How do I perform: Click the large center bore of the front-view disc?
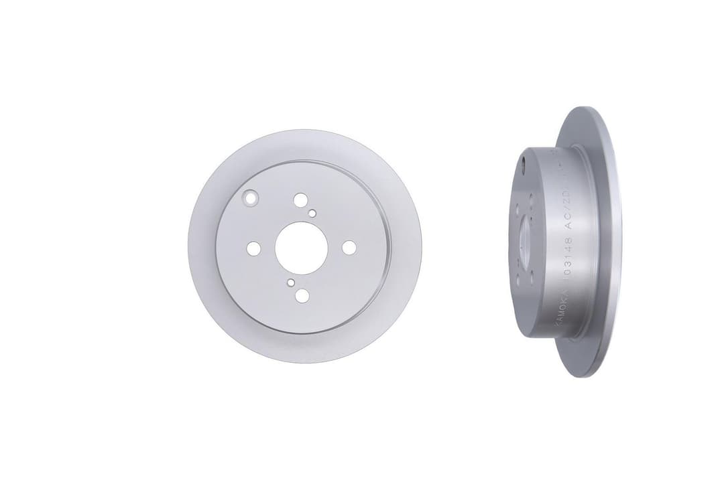[x=301, y=248]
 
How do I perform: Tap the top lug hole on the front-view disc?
[x=300, y=199]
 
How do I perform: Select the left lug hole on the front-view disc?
[x=253, y=248]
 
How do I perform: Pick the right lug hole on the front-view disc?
[x=349, y=247]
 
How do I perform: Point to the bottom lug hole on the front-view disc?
[x=302, y=295]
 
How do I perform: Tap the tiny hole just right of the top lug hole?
[x=312, y=213]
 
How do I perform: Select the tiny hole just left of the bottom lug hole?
[x=290, y=283]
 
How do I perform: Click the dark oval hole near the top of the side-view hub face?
[x=522, y=161]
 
